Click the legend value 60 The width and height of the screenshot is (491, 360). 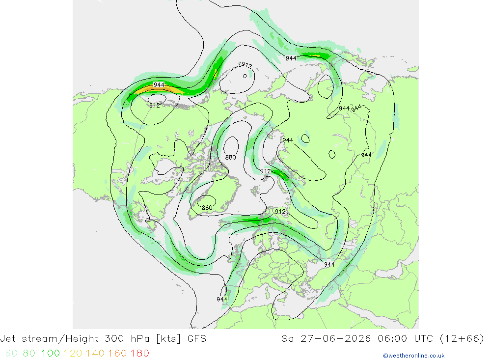[11, 353]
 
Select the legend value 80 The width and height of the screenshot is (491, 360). [29, 353]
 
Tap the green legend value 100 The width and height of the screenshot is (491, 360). [51, 353]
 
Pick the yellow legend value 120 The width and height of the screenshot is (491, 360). [73, 353]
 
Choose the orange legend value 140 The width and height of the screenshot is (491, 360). [95, 353]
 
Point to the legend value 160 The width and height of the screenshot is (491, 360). [117, 353]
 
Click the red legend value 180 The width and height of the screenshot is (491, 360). [139, 353]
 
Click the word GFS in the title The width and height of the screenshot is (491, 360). [197, 339]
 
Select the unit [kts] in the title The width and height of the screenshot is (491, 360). [168, 339]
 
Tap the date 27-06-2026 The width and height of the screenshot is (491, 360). [335, 339]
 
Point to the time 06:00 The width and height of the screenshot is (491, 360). [392, 339]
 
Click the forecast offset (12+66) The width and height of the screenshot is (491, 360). [462, 339]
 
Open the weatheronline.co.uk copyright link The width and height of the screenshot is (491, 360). [413, 356]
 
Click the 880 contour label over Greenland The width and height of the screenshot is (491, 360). [207, 207]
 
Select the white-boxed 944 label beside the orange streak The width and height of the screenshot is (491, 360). [159, 84]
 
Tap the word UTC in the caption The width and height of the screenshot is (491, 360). [423, 339]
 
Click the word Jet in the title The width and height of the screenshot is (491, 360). [7, 339]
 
